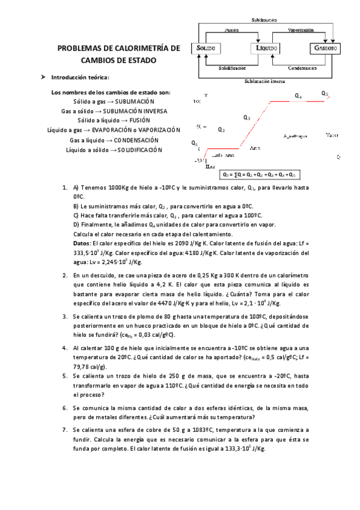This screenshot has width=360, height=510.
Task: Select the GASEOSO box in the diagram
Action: tap(325, 48)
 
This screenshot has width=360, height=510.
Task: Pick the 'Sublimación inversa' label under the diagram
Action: tap(264, 81)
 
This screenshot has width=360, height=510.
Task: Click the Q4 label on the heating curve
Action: tap(298, 96)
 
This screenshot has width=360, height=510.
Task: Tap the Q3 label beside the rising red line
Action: tap(247, 118)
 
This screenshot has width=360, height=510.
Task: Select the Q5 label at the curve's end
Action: tap(325, 94)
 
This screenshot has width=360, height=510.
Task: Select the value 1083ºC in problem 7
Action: tap(201, 430)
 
